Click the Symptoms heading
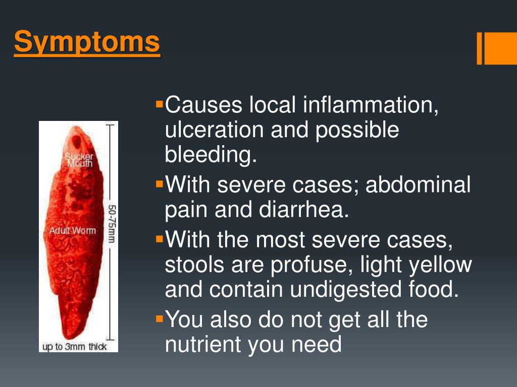click(87, 42)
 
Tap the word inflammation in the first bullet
click(371, 105)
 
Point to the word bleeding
click(211, 155)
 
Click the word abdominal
click(418, 185)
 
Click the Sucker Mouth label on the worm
click(79, 160)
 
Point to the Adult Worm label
click(72, 230)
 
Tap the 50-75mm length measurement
click(111, 223)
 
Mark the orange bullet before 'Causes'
click(160, 105)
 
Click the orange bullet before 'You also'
click(160, 319)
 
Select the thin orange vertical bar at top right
click(479, 48)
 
